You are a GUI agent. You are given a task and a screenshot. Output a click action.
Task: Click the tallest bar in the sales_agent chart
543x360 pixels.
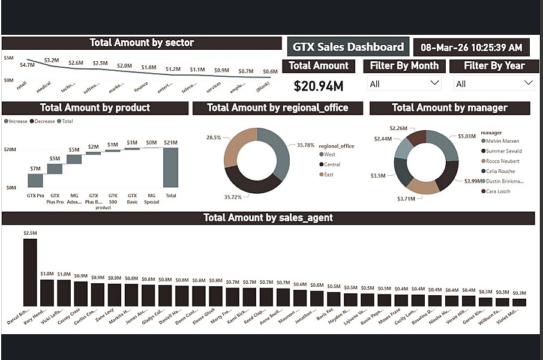coord(30,273)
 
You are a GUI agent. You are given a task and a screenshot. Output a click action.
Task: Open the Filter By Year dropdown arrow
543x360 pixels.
coord(528,83)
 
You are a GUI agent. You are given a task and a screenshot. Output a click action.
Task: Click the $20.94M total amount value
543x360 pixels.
coord(318,86)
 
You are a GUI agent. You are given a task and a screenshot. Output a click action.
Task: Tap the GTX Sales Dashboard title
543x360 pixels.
coord(348,47)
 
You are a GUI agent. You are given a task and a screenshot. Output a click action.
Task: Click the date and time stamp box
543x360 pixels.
coord(471,47)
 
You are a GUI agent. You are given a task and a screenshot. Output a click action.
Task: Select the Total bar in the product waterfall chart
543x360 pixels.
coord(171,167)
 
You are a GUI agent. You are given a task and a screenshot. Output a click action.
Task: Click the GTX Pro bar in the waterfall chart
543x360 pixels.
coord(35,180)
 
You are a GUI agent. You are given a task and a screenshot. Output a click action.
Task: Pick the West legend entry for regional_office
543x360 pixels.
coord(329,154)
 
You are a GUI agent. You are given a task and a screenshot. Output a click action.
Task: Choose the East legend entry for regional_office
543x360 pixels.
coord(328,175)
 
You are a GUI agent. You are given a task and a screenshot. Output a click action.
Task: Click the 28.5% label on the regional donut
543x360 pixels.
coord(214,137)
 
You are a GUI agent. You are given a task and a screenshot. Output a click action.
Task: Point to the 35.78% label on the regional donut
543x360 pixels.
coord(305,145)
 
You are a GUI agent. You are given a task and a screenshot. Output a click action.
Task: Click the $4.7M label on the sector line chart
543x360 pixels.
coord(27,65)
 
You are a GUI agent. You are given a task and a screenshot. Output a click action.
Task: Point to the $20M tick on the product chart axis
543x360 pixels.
coord(10,149)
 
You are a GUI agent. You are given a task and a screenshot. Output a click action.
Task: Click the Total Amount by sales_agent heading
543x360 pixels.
coord(268,218)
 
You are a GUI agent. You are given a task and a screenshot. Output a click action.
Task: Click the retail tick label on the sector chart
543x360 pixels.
coord(22,86)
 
